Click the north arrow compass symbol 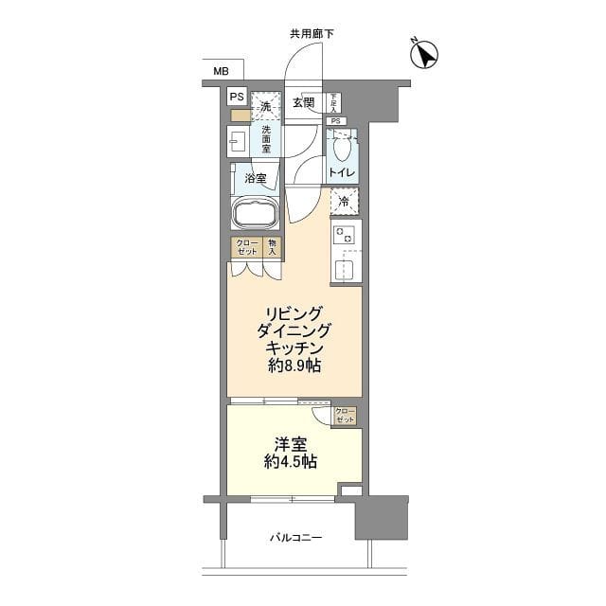(x=424, y=55)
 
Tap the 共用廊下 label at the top (x=312, y=34)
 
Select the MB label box (x=221, y=71)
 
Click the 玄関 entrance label (x=303, y=102)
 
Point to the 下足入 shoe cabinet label (x=334, y=102)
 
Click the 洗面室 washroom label (x=267, y=140)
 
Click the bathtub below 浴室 (x=255, y=214)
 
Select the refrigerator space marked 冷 (x=344, y=201)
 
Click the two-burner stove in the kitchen (x=342, y=234)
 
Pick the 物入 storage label (x=271, y=247)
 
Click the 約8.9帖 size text (x=294, y=366)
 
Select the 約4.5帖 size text (x=292, y=462)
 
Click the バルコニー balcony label (x=295, y=538)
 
